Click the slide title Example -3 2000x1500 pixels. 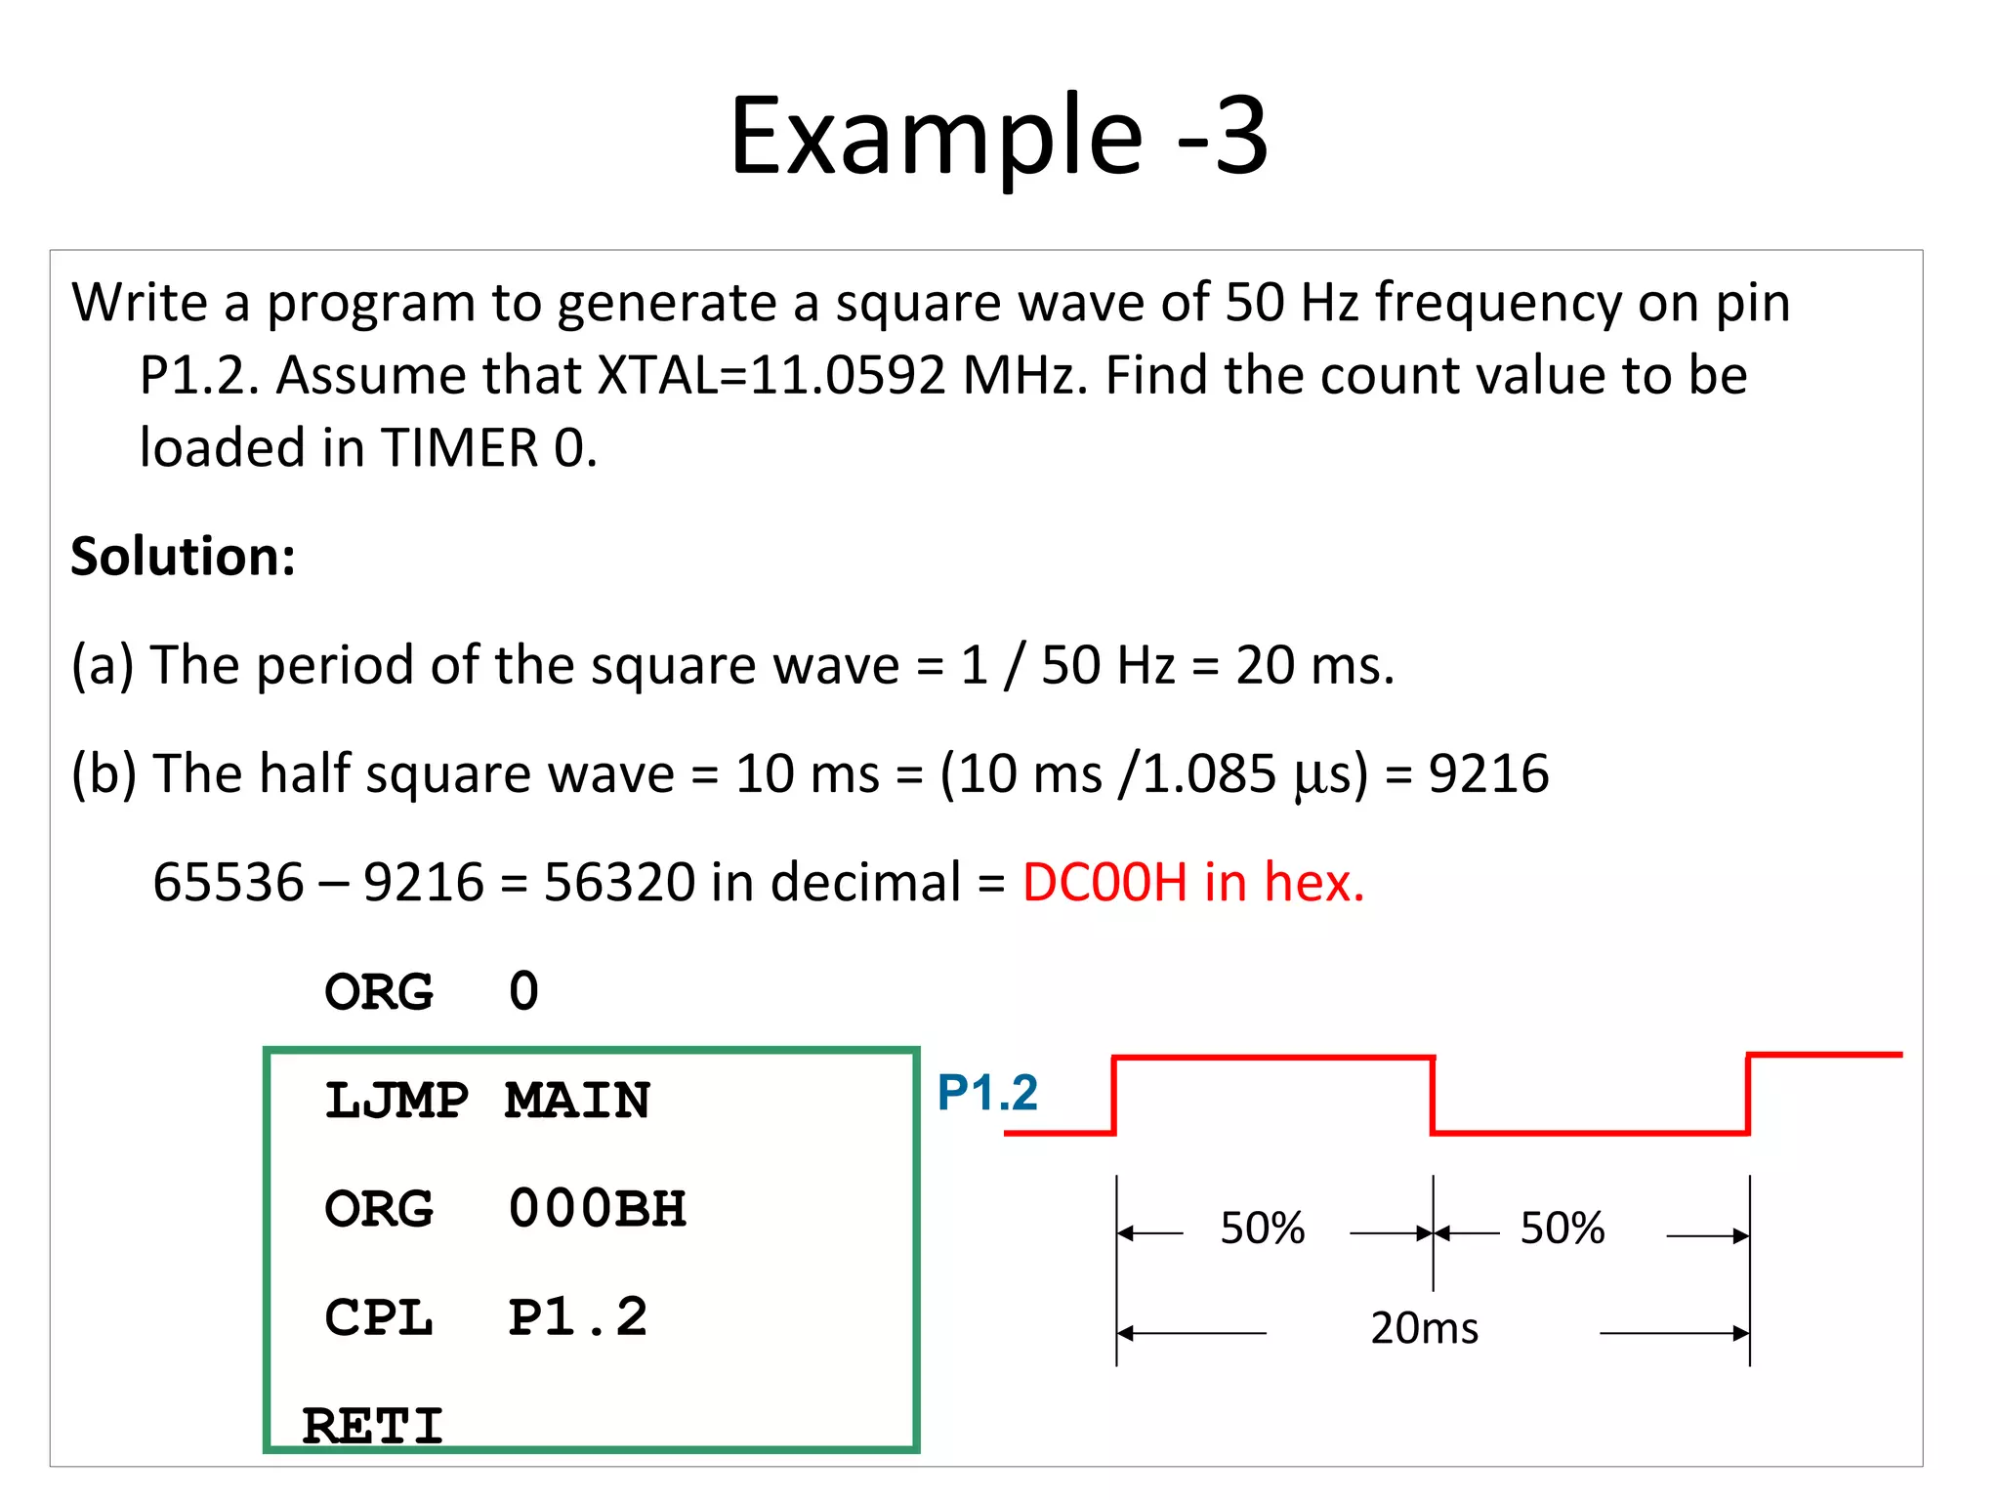coord(998,137)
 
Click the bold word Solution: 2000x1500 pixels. coord(183,557)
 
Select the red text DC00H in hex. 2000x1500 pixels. coord(1192,882)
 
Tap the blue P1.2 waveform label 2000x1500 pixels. coord(987,1092)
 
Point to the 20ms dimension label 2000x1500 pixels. coord(1424,1328)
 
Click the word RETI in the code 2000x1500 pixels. coord(373,1425)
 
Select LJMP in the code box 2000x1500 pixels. coord(396,1101)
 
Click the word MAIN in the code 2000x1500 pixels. coord(577,1101)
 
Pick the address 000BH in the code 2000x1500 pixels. coord(597,1209)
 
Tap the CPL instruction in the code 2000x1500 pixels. coord(379,1317)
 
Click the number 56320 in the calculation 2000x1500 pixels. coord(619,882)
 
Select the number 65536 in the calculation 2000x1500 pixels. coord(229,882)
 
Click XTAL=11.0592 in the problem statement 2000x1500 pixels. coord(771,375)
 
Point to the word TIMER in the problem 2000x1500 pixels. coord(459,448)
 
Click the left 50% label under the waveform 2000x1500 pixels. coord(1262,1229)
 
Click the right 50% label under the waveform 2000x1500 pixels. coord(1562,1229)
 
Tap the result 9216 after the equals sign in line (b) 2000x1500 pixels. coord(1488,773)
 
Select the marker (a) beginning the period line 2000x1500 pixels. coord(103,665)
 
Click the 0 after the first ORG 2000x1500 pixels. coord(524,991)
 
